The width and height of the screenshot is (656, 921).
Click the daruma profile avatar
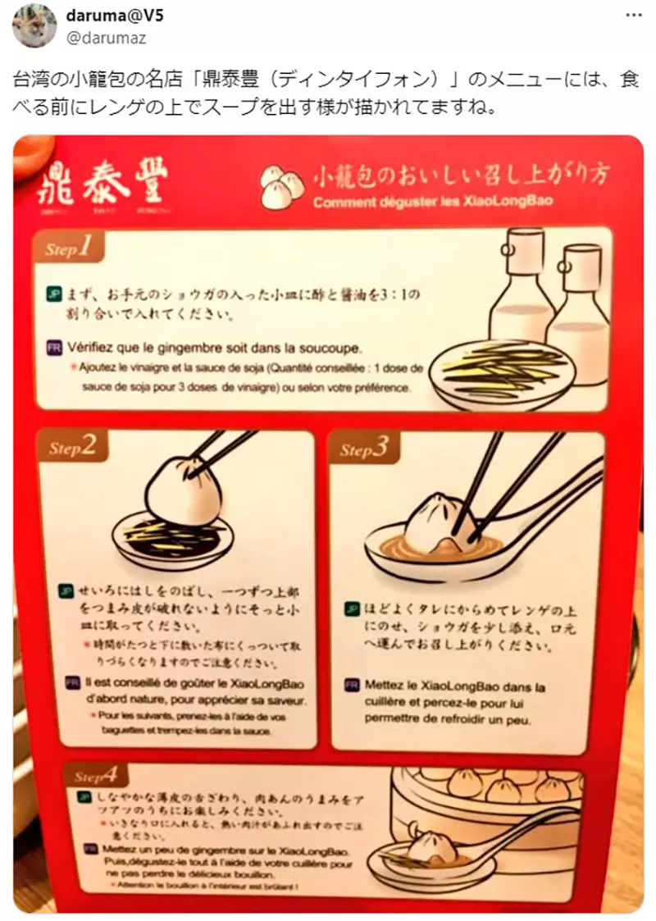tap(34, 25)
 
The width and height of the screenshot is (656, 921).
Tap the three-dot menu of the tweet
tap(634, 16)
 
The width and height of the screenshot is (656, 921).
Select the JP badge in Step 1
tap(53, 292)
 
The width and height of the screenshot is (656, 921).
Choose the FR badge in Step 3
tap(352, 685)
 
